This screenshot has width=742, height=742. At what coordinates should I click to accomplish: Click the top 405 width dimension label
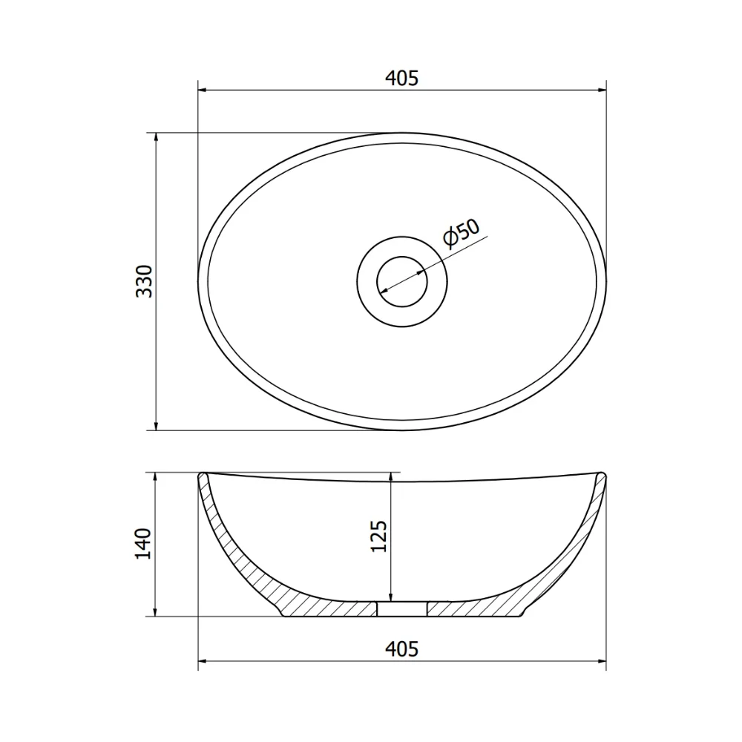[x=401, y=78]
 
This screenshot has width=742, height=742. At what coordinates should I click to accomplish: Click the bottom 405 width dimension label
[x=401, y=649]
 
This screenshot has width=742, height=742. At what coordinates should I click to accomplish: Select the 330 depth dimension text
[x=145, y=281]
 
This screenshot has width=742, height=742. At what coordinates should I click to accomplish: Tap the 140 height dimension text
[x=143, y=544]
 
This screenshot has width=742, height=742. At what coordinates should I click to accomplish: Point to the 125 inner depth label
[x=378, y=536]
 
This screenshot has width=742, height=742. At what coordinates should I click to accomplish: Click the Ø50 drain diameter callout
[x=462, y=233]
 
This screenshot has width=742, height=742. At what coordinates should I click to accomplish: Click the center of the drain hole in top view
[x=401, y=281]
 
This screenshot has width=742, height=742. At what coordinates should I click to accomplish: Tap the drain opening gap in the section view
[x=401, y=608]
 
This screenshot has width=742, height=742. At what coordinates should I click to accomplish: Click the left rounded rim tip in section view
[x=202, y=474]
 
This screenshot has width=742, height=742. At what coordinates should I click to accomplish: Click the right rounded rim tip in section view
[x=602, y=474]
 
